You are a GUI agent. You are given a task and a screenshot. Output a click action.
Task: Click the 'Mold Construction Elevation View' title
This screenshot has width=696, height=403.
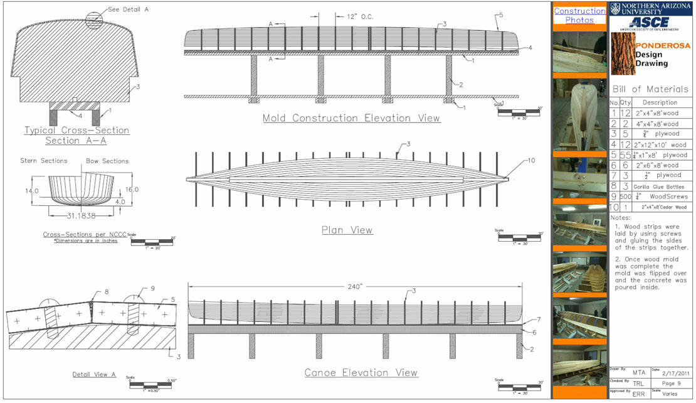coord(351,118)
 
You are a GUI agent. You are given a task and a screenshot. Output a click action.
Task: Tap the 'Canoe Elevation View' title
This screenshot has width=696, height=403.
coord(361,373)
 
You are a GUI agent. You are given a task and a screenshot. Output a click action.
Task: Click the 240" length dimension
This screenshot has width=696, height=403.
coord(355,286)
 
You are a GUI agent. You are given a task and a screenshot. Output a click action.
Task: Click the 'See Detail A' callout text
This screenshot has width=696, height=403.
coord(128,9)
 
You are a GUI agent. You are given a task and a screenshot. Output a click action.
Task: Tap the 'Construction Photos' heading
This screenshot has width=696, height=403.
coord(579,15)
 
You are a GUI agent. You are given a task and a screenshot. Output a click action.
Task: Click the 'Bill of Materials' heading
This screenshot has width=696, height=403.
coord(650,89)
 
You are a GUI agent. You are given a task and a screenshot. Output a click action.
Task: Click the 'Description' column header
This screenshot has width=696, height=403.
coord(660,102)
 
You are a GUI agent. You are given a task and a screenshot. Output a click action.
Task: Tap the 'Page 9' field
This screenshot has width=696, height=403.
coord(672,382)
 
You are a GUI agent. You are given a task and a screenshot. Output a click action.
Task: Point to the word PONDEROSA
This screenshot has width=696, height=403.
coord(662,46)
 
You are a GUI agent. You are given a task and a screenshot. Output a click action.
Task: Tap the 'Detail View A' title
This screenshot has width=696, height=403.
coord(94,375)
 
